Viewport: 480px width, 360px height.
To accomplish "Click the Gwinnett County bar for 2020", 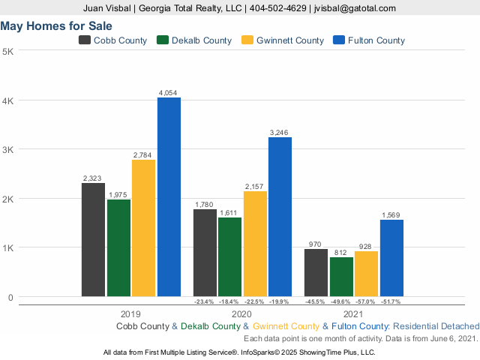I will [x=255, y=243].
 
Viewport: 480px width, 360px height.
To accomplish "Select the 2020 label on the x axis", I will [x=241, y=313].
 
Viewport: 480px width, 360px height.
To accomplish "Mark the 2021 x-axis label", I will [x=352, y=313].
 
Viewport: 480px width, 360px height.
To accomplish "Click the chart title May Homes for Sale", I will [x=51, y=25].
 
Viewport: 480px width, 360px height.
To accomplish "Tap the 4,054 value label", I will [x=168, y=93].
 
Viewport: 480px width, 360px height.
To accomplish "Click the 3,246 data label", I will [x=280, y=132].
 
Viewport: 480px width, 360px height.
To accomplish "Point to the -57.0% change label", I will [x=366, y=301].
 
